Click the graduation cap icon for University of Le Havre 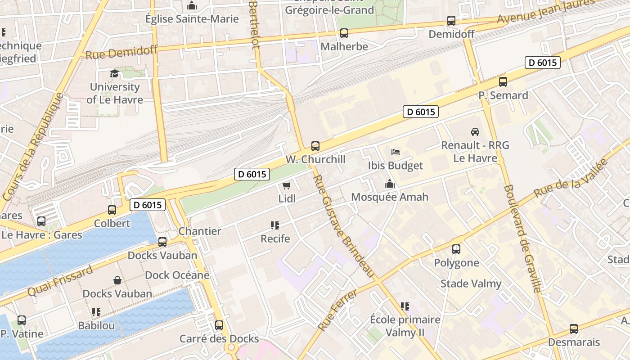point(114,73)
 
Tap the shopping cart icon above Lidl point(286,185)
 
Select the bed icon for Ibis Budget point(396,152)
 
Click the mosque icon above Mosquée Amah point(390,184)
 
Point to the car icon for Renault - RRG point(475,132)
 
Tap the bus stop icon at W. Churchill point(315,146)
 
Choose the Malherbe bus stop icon point(344,33)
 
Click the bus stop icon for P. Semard point(503,82)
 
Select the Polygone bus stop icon point(456,249)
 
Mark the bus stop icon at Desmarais point(574,329)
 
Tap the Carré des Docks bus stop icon point(219,325)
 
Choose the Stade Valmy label point(471,283)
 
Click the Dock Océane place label point(177,275)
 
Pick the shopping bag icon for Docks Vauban point(117,280)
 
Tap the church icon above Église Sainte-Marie point(192,6)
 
